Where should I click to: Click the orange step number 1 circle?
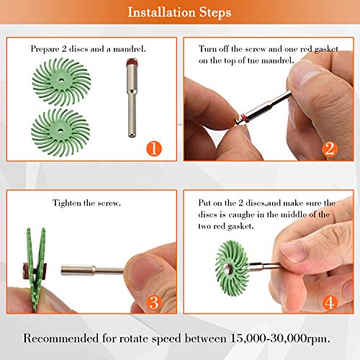154,148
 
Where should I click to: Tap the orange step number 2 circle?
330,149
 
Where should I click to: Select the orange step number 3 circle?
154,302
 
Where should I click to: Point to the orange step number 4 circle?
330,302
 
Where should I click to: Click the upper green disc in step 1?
61,81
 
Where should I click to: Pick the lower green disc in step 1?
60,132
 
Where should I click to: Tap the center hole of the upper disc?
61,81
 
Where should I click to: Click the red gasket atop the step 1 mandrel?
132,62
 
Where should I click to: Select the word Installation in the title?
161,12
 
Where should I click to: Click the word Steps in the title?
215,12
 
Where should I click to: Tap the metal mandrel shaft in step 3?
92,270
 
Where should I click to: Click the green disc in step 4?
232,269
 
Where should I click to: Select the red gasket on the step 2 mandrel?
244,118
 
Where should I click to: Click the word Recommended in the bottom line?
61,338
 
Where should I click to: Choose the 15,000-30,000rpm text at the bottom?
280,339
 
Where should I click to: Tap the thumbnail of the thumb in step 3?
144,269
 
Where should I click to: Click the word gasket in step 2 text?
326,49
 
